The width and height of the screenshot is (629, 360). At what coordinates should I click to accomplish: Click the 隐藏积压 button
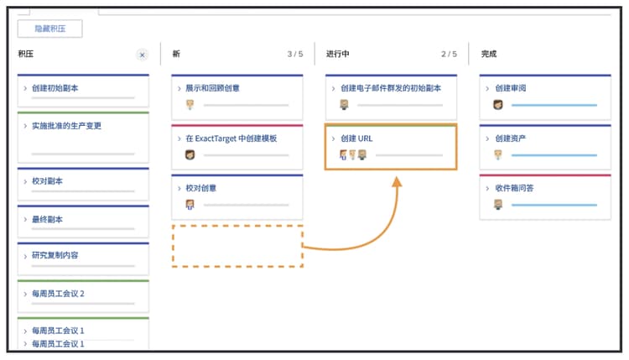(49, 29)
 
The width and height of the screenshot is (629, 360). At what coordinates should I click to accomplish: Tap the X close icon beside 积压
(142, 55)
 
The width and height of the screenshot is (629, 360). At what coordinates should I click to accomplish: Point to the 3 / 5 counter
(294, 54)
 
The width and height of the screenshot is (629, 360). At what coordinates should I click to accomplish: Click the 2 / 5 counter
(450, 54)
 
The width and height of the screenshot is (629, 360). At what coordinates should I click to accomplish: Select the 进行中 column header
(338, 54)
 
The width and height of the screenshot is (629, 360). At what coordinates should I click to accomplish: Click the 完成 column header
(488, 54)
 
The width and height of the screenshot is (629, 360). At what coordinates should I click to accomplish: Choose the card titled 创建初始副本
(56, 88)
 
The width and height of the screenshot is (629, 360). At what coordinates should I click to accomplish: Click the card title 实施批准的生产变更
(67, 126)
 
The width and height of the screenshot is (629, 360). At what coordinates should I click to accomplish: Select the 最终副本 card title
(48, 219)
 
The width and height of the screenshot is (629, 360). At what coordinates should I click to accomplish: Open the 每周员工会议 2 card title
(59, 294)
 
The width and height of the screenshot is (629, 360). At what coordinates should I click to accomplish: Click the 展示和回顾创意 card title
(213, 88)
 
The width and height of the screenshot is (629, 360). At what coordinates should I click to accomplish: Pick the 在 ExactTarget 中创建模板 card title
(231, 138)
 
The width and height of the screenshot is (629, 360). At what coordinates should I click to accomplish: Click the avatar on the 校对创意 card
(190, 205)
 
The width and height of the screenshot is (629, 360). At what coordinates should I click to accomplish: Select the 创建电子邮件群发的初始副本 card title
(392, 88)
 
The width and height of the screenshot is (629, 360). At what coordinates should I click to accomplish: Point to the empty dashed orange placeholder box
(237, 245)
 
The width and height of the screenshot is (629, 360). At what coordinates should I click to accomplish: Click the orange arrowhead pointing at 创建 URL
(397, 180)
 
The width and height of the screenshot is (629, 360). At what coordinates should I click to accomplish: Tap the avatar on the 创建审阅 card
(498, 105)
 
